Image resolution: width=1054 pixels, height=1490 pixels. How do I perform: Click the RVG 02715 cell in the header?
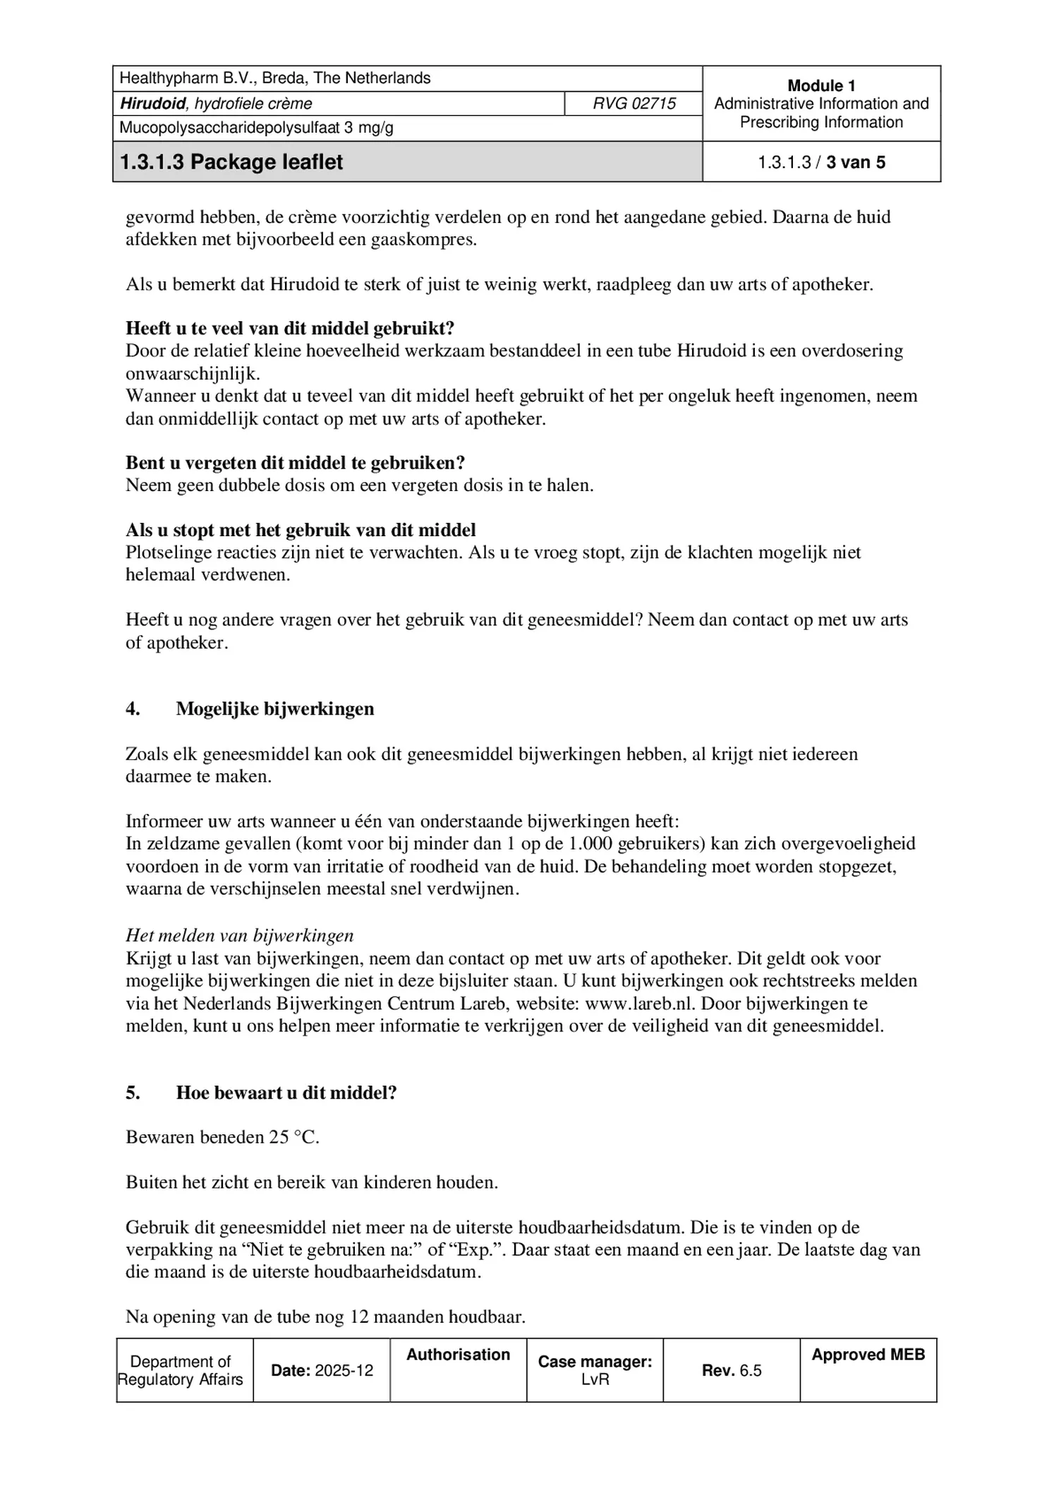(634, 104)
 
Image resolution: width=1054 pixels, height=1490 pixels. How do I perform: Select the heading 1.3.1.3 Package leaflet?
(231, 162)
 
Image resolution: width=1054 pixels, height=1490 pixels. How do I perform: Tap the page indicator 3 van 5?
(855, 162)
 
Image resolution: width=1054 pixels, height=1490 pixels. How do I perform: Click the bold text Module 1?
(821, 86)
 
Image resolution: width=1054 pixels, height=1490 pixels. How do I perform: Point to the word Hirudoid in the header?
(153, 104)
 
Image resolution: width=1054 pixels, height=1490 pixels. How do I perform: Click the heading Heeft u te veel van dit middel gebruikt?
(290, 328)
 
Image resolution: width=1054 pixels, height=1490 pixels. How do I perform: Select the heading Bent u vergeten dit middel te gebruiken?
(295, 463)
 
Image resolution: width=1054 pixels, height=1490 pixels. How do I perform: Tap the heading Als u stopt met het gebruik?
(301, 530)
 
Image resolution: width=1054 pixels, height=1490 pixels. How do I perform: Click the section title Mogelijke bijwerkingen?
(274, 709)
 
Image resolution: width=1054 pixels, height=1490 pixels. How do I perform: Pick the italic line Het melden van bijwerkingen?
(239, 935)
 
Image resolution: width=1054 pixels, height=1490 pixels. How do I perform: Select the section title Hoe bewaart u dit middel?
(286, 1093)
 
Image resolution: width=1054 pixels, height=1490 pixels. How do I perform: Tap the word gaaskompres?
(424, 239)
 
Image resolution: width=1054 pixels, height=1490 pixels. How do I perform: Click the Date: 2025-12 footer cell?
(322, 1370)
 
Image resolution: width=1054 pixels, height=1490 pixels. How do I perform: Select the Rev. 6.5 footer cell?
(732, 1370)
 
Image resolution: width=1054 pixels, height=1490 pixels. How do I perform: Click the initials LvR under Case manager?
(595, 1379)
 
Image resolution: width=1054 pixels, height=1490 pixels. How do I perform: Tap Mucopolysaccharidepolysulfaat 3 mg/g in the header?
(256, 128)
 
